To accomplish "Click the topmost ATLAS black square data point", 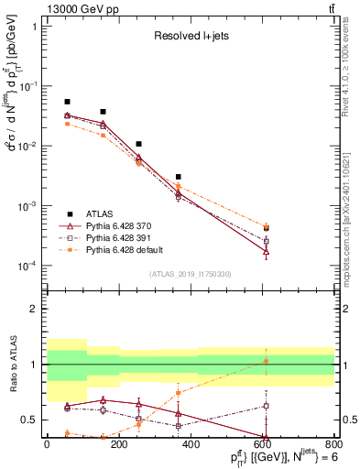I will coord(67,102).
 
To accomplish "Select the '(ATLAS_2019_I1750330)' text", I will coord(191,274).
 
